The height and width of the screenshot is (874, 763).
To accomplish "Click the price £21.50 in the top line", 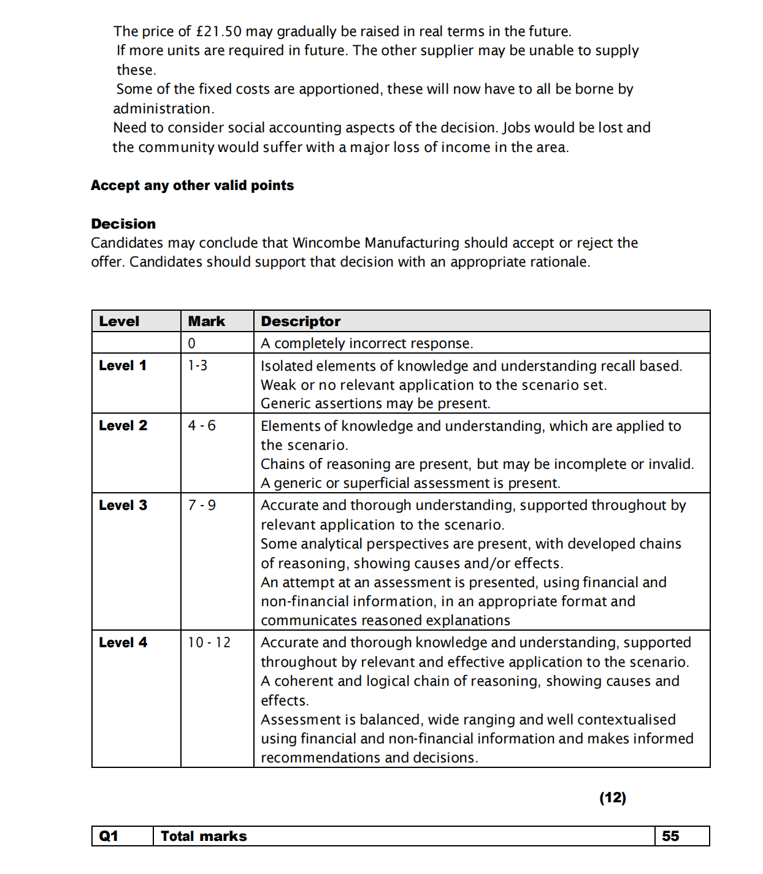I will [x=218, y=31].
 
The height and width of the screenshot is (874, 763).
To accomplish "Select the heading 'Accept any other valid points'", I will [x=192, y=185].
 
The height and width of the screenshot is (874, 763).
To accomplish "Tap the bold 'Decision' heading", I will [x=123, y=224].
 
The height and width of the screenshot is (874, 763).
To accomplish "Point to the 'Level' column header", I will [x=119, y=321].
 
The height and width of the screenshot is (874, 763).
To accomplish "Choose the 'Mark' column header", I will [x=206, y=321].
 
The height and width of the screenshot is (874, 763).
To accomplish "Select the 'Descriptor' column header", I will [x=301, y=321].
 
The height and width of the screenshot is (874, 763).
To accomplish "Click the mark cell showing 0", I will [x=192, y=343].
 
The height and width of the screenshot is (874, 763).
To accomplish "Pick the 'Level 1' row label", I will [x=123, y=365].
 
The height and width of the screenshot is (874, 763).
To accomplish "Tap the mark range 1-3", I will [x=197, y=365].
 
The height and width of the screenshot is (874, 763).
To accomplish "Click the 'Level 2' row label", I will [x=123, y=425].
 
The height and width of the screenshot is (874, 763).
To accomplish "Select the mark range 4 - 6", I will [x=202, y=425].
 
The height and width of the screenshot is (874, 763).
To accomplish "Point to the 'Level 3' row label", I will [x=123, y=505].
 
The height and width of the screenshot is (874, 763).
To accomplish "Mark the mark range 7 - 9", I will [x=202, y=505].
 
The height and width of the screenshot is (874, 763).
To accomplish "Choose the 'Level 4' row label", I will [x=123, y=642].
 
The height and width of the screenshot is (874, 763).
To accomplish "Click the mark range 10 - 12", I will [x=209, y=642].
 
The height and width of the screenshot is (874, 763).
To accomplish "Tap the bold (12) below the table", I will [x=613, y=797].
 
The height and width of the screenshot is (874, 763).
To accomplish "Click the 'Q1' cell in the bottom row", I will [x=109, y=836].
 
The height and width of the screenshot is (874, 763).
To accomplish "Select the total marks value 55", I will [x=670, y=836].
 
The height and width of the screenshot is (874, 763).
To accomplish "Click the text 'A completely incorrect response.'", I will [x=367, y=343].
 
